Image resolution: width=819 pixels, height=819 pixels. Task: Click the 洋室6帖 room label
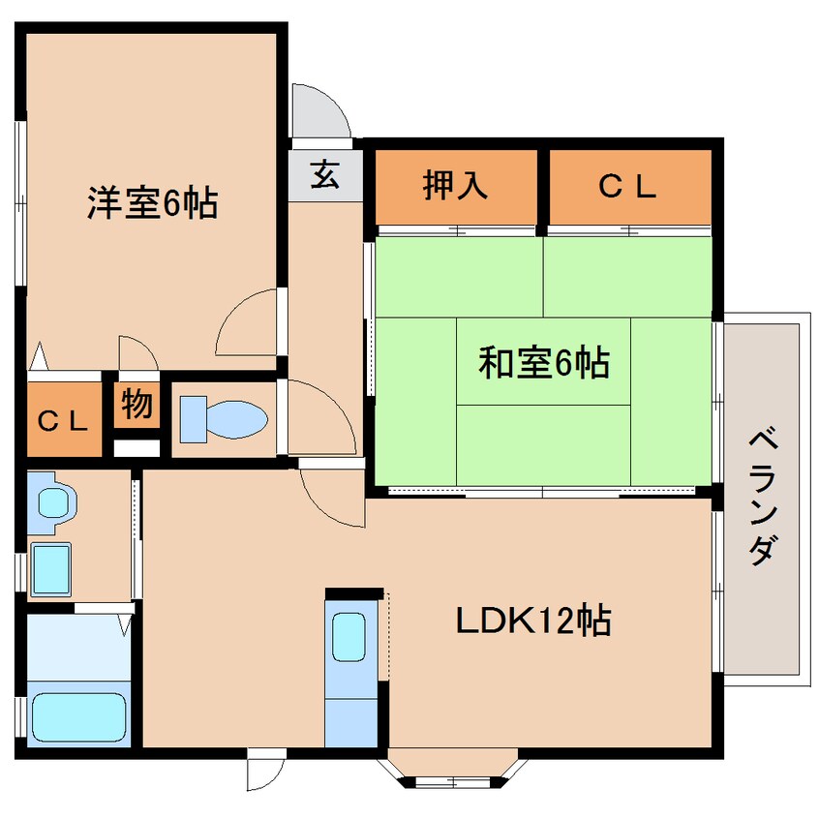(x=152, y=203)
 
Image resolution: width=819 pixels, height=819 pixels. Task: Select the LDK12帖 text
(x=533, y=620)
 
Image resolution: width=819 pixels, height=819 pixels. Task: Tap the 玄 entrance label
(x=324, y=176)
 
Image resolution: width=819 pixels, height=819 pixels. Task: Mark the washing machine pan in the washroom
(x=52, y=568)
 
